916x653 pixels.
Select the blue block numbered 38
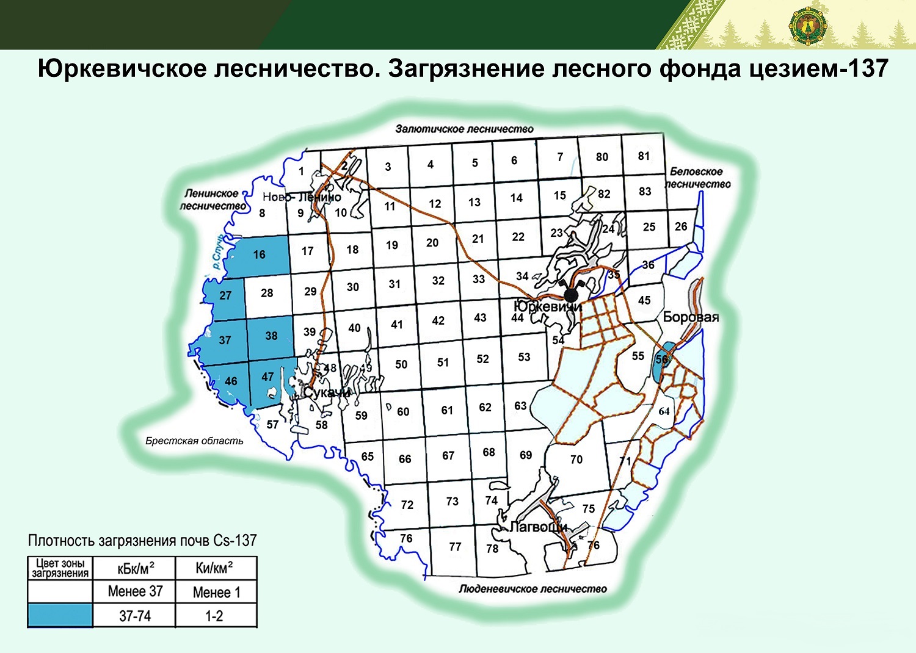click(x=271, y=336)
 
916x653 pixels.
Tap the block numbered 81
click(x=644, y=156)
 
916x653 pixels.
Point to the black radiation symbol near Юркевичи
click(x=571, y=294)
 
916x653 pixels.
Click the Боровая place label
click(x=691, y=317)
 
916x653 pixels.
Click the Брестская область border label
click(x=194, y=441)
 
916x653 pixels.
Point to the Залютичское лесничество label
click(x=464, y=129)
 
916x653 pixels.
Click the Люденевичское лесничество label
click(x=533, y=589)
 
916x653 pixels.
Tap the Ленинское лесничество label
click(x=213, y=200)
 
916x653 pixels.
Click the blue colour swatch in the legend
click(x=60, y=615)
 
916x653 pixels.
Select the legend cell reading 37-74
click(x=134, y=616)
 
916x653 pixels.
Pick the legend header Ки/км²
click(x=214, y=569)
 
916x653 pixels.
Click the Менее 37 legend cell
click(x=134, y=591)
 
